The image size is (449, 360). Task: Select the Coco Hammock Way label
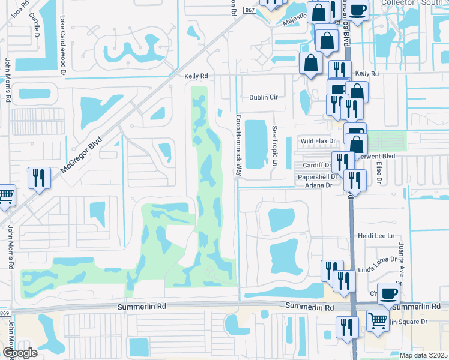pos(238,146)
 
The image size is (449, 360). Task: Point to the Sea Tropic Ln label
pos(275,146)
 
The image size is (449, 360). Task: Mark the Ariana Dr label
pos(319,186)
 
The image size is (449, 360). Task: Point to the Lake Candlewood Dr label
pos(62,46)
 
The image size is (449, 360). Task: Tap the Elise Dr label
pos(379,172)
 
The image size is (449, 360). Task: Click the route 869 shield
pos(5,314)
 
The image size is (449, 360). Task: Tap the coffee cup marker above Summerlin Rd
pos(389,293)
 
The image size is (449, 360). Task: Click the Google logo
pos(19,353)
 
